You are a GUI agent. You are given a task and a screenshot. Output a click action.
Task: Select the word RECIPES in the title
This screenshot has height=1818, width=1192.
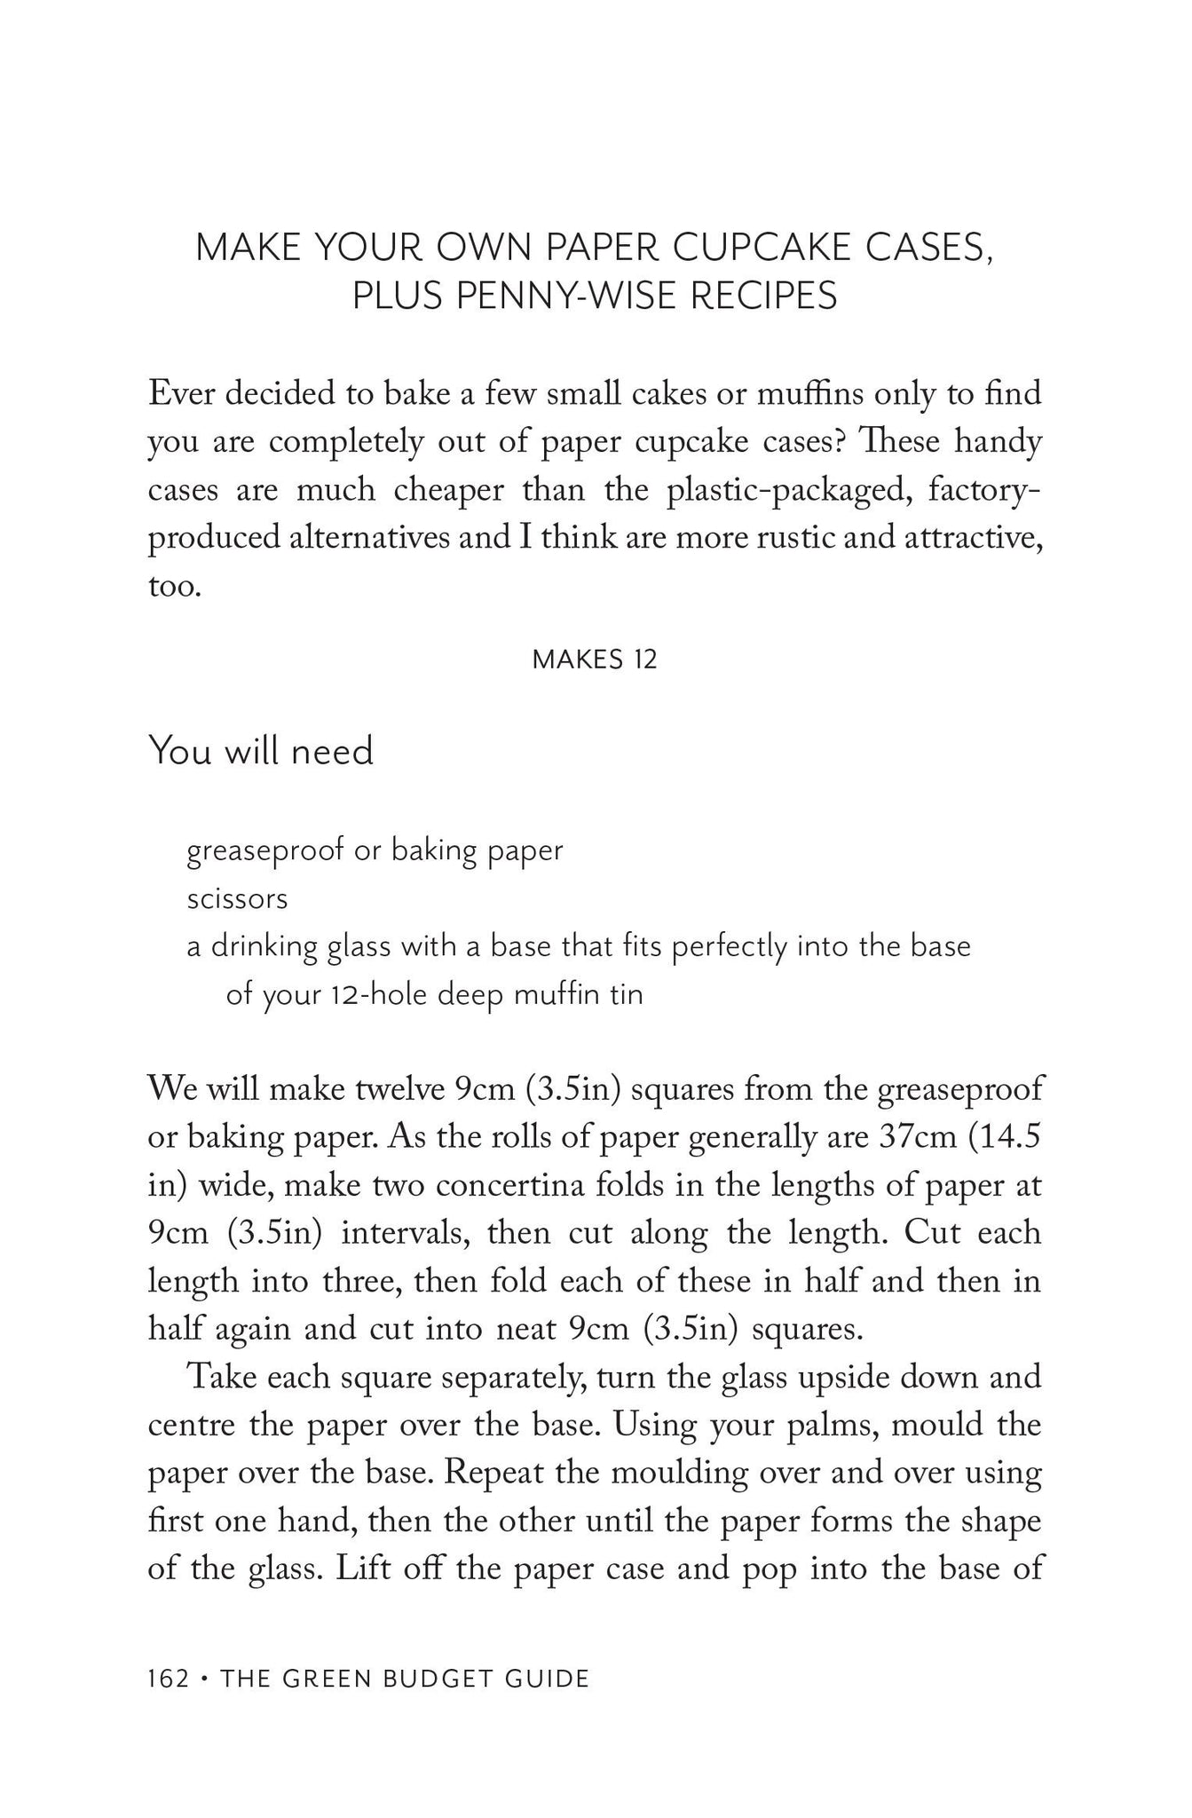(763, 296)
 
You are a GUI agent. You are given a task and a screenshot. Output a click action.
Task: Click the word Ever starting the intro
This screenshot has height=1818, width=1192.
(180, 393)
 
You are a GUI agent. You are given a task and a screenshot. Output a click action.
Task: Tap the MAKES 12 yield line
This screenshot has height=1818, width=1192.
(595, 660)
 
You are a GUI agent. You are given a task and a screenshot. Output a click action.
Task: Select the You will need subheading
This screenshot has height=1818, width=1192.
(261, 751)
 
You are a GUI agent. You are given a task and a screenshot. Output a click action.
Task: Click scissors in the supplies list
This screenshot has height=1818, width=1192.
(237, 899)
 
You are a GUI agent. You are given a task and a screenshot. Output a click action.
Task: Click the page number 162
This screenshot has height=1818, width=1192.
(168, 1679)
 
